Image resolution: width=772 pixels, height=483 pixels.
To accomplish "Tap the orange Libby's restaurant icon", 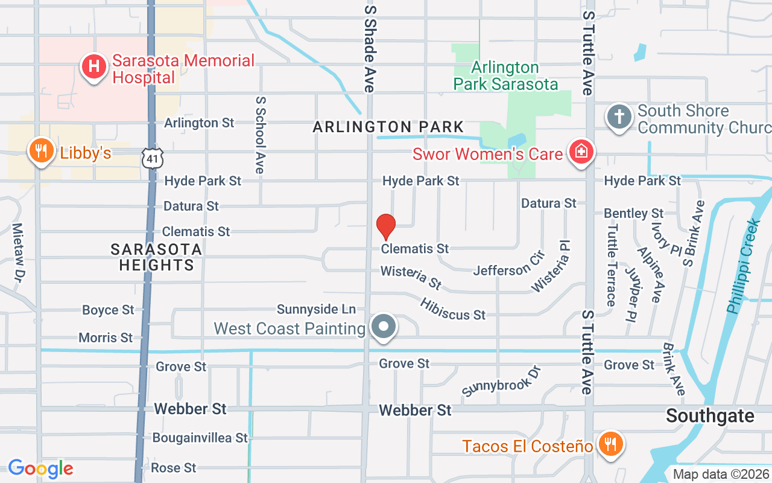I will coord(41,152).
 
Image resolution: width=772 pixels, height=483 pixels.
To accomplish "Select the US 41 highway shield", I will coord(151,158).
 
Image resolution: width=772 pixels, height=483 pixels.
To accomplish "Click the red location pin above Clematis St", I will coord(385,227).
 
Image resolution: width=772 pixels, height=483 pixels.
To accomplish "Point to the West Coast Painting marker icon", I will coord(383,327).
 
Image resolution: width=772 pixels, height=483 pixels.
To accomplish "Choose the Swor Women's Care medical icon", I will coord(581,152).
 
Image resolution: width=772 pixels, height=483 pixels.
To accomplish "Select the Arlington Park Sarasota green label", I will coord(505,75).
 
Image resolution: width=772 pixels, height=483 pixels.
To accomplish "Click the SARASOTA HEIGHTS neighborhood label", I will coord(156,257).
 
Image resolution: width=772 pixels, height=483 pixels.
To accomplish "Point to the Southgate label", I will coord(710,416).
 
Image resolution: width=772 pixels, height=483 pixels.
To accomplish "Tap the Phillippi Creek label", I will coord(743,266).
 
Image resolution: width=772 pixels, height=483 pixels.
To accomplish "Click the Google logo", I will coord(40,469).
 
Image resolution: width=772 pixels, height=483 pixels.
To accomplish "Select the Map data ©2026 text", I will coord(721,474).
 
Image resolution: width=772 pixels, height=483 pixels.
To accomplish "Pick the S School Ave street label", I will coord(260,134).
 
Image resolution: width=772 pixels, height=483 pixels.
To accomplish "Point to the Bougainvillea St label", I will coord(200,438).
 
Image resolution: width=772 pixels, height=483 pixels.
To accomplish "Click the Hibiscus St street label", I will coord(453,309).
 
